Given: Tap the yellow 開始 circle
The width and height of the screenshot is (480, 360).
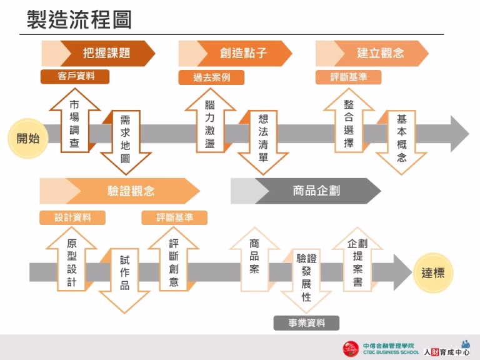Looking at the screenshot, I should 27,138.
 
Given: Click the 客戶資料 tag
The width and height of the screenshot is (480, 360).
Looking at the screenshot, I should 75,76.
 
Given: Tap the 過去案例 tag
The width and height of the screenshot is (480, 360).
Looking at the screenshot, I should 211,78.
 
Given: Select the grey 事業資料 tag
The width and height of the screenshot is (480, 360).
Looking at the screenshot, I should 306,322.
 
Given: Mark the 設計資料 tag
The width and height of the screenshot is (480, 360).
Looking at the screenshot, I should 72,217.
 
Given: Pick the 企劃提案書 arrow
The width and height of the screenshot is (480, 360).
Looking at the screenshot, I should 357,262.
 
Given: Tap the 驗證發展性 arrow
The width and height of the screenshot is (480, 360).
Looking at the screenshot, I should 306,278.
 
